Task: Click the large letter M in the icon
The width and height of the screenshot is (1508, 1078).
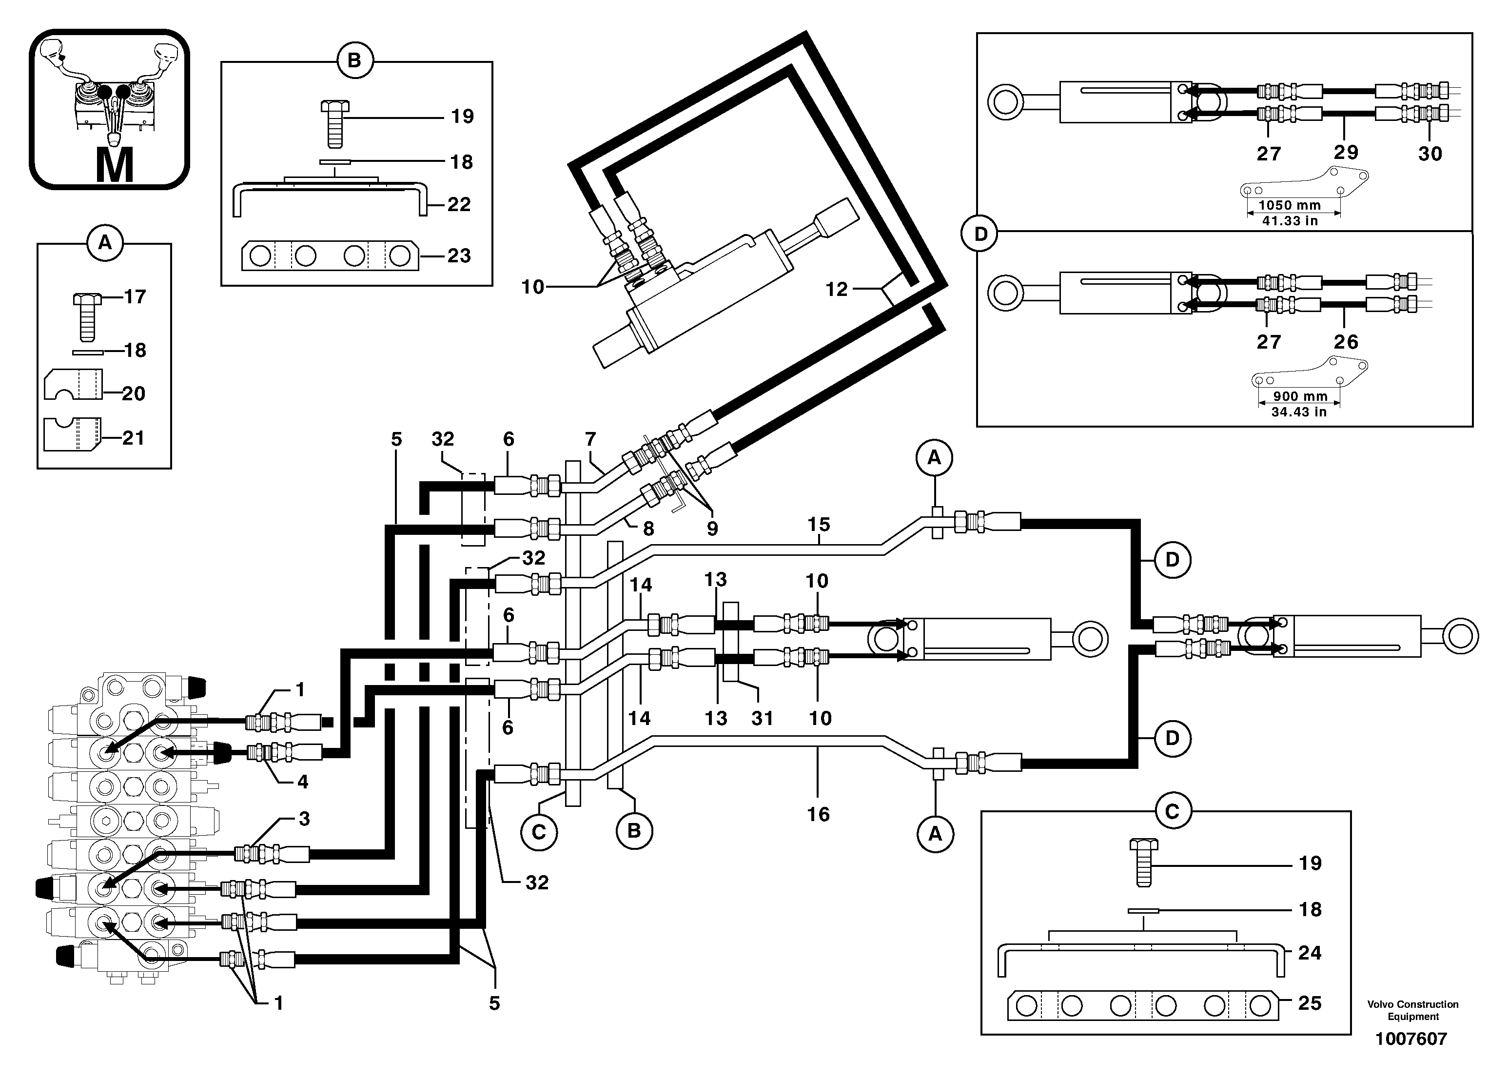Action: (115, 165)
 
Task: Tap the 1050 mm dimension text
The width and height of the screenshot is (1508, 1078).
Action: (1289, 205)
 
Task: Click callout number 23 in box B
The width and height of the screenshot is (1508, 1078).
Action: (459, 255)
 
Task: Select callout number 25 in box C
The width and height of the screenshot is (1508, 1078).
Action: (1310, 1003)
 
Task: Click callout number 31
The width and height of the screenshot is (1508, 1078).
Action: (762, 718)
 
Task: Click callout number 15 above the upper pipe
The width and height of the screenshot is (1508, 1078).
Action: (819, 525)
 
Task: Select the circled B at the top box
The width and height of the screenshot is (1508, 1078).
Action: (354, 61)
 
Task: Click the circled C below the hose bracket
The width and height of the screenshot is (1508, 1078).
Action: (538, 832)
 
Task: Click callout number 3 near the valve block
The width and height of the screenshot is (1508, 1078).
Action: (304, 819)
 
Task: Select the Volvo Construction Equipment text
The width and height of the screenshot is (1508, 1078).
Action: (1412, 1010)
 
